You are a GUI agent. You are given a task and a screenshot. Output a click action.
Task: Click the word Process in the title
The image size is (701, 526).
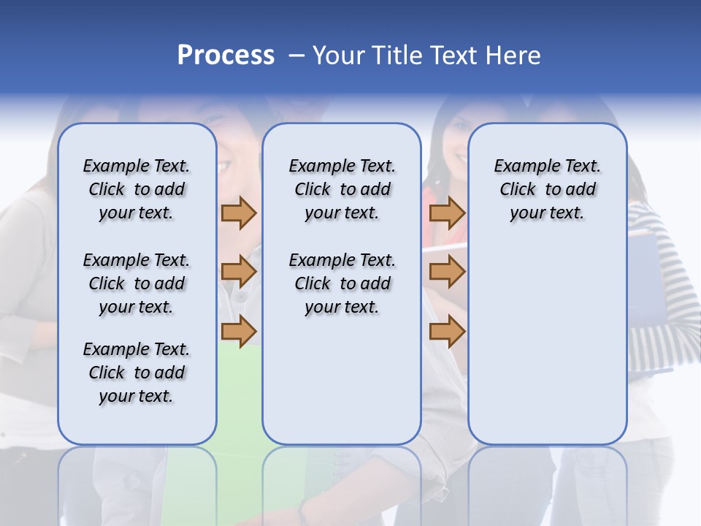point(226,56)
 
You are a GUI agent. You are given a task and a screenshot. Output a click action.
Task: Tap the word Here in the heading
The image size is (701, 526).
point(513,56)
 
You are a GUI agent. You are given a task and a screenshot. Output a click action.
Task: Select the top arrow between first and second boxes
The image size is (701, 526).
point(238,213)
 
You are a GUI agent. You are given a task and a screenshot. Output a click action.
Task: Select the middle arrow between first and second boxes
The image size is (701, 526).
point(238,272)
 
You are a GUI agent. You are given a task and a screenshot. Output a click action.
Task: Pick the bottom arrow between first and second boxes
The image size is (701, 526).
point(238,330)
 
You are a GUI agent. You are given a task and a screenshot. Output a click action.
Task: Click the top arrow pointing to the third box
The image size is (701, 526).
point(447,213)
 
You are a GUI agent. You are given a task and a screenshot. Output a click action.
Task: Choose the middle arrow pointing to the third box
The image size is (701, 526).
point(447,272)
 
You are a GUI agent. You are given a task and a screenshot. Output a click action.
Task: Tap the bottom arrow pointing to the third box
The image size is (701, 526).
point(447,332)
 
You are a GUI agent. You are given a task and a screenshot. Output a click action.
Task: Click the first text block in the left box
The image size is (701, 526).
point(137,189)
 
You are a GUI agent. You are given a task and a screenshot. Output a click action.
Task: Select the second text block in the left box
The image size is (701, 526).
point(137,283)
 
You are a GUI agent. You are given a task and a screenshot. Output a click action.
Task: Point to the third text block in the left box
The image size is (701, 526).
point(137,373)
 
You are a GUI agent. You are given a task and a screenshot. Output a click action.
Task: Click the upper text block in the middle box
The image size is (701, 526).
point(342,189)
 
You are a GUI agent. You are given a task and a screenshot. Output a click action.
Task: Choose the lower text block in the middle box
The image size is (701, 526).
point(342,283)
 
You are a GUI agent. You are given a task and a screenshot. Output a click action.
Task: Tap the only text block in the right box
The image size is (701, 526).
point(547,189)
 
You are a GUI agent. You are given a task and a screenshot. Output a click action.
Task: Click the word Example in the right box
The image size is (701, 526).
point(521,167)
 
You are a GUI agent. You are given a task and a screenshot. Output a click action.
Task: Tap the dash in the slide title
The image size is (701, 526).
point(296,56)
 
